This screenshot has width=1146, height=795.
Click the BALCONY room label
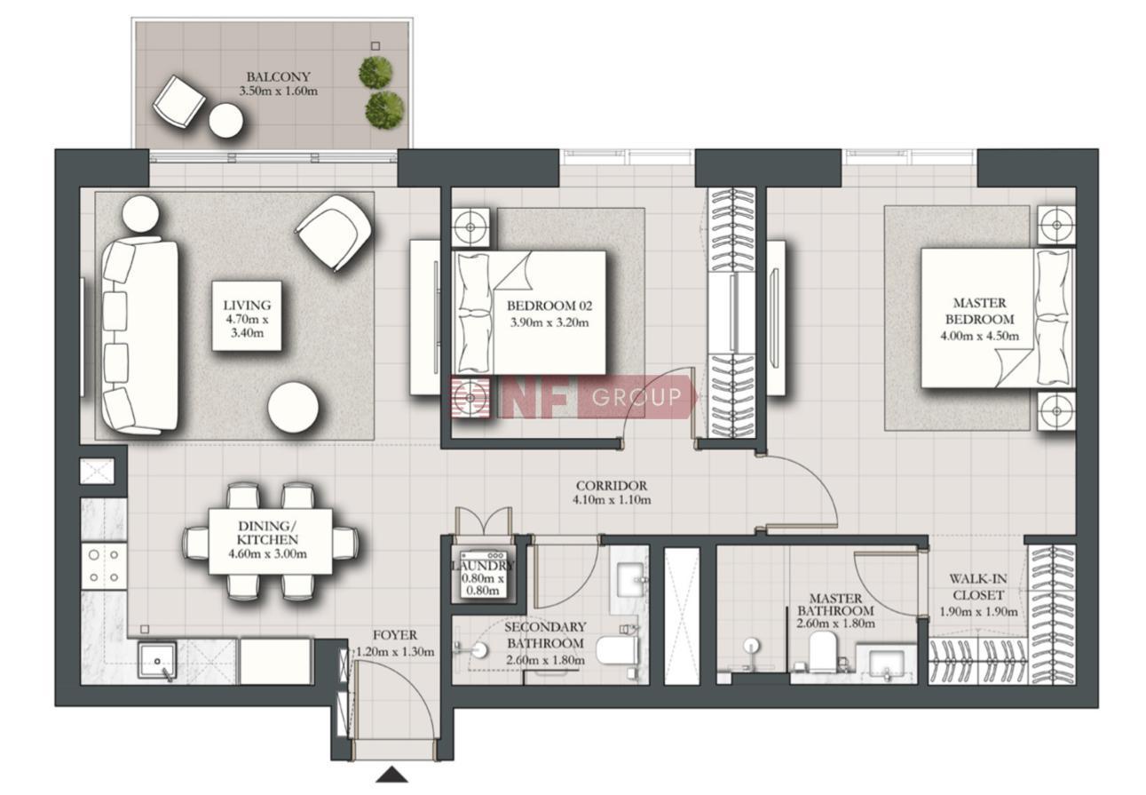coord(278,76)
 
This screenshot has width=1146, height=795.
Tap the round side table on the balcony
coord(225,120)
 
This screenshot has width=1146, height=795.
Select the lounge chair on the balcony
coord(179,102)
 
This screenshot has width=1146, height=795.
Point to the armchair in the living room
coord(334,232)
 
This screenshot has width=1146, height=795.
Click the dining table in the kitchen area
coord(270,541)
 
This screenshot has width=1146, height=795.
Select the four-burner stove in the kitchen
coord(104,566)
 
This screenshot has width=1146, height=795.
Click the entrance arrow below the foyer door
coord(391,775)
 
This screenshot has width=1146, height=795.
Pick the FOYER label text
coord(394,635)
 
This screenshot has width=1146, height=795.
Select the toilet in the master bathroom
coord(823,652)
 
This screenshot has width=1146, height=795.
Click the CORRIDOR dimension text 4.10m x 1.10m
coord(612,499)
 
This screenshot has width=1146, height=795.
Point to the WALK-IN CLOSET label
coord(977,586)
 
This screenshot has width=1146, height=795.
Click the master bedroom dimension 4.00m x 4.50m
coord(979,337)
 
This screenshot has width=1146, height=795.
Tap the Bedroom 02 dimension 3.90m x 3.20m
coord(549,322)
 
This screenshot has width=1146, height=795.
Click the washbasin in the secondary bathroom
coord(633,580)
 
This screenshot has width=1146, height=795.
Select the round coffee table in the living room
coord(293,408)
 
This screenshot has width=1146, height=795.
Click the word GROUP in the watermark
coord(637,397)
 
